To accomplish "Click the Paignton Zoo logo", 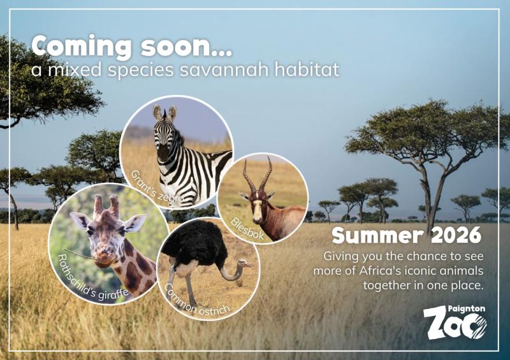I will pyautogui.click(x=455, y=322).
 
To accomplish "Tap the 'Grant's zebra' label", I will pyautogui.click(x=156, y=186).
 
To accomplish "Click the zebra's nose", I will pyautogui.click(x=164, y=154).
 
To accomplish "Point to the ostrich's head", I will pyautogui.click(x=245, y=263).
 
